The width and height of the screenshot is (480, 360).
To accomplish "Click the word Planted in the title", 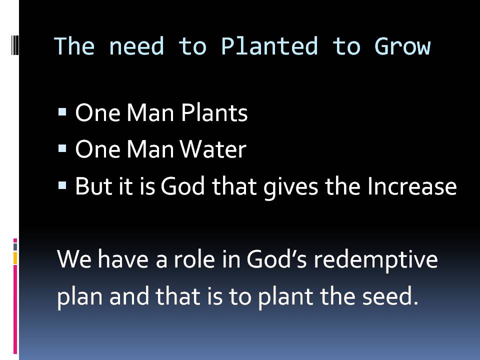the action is [x=269, y=46].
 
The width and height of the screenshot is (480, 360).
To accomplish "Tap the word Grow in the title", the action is [x=402, y=46].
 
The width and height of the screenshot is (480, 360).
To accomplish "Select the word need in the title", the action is [x=136, y=46].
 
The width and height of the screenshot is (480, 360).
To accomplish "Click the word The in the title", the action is [x=74, y=46].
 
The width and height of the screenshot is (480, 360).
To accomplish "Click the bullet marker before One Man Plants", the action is [x=62, y=111].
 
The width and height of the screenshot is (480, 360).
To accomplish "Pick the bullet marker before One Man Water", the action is [x=62, y=148].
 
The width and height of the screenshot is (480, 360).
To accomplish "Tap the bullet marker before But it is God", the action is [x=62, y=185].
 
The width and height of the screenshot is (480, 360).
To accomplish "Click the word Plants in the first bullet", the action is [x=214, y=112].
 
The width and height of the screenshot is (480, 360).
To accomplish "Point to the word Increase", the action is [x=412, y=186].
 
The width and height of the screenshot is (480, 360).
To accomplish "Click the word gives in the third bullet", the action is [x=291, y=187].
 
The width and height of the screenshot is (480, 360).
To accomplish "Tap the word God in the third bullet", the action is [x=183, y=186].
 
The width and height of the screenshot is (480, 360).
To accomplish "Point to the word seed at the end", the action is [x=390, y=296].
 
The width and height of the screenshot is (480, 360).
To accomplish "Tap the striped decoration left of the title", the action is [x=14, y=45].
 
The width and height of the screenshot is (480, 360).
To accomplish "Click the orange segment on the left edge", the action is [x=15, y=258].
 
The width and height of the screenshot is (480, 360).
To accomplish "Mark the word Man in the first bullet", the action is [x=150, y=112].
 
